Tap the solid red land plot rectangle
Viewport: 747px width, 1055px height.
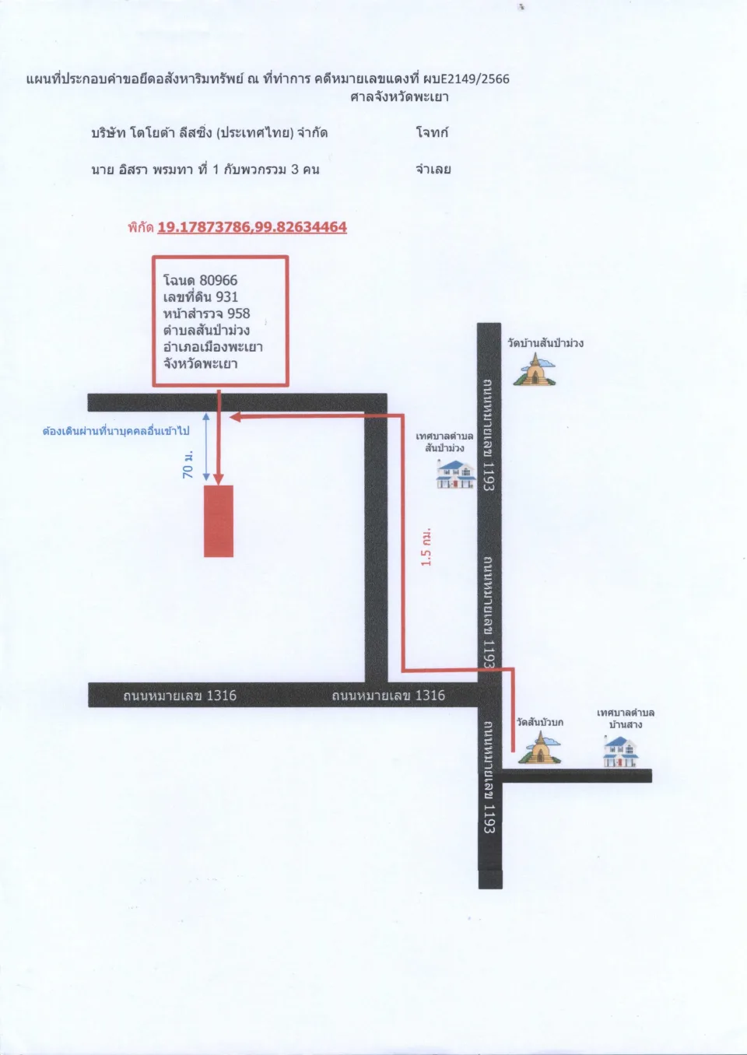pyautogui.click(x=219, y=521)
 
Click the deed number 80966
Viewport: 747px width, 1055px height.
pyautogui.click(x=219, y=280)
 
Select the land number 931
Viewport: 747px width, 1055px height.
pyautogui.click(x=226, y=296)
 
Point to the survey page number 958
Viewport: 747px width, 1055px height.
pyautogui.click(x=238, y=314)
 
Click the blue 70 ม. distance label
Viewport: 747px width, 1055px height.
pyautogui.click(x=188, y=464)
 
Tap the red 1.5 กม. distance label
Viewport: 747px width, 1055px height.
pyautogui.click(x=426, y=547)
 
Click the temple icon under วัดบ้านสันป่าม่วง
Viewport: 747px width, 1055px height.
pyautogui.click(x=535, y=370)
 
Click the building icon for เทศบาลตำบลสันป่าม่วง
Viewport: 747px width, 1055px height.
pyautogui.click(x=455, y=474)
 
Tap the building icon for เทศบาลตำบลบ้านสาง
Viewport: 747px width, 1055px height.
pyautogui.click(x=621, y=752)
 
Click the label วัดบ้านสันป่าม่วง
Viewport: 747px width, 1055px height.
pyautogui.click(x=545, y=343)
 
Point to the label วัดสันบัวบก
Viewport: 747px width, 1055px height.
pyautogui.click(x=540, y=723)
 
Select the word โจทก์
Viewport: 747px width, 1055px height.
pyautogui.click(x=432, y=132)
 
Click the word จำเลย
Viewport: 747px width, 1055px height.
pyautogui.click(x=433, y=169)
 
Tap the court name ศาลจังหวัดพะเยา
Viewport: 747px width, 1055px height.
pyautogui.click(x=399, y=97)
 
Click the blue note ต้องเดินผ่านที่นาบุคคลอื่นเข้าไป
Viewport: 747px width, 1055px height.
pyautogui.click(x=116, y=431)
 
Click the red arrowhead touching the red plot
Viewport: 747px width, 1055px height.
pyautogui.click(x=219, y=479)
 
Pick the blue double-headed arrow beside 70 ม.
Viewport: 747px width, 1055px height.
pyautogui.click(x=206, y=447)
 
